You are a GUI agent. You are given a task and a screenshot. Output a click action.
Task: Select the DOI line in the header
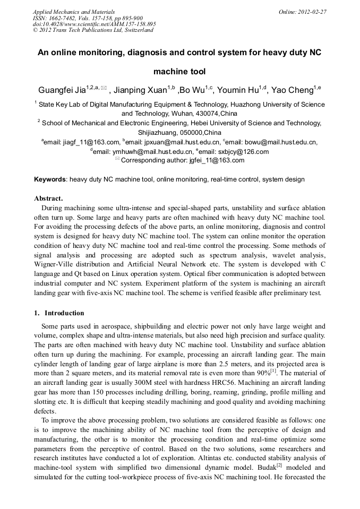(94, 24)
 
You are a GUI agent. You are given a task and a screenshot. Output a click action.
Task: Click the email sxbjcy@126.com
(244, 151)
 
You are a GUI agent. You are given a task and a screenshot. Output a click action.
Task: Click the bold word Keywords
(50, 179)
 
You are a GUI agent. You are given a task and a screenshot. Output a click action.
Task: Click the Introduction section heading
(64, 313)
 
